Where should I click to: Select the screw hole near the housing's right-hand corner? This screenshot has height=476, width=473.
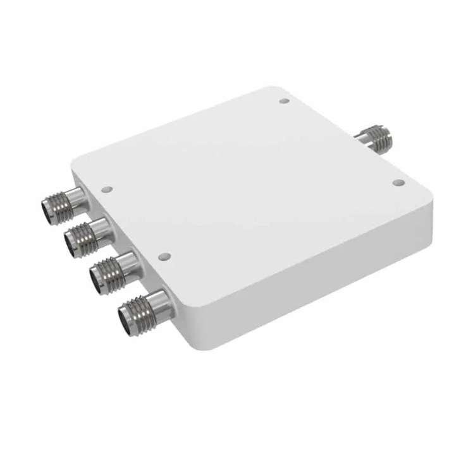[x=398, y=183]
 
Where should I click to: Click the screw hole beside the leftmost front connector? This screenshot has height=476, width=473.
[x=107, y=188]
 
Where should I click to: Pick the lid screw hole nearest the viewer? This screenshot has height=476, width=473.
[x=164, y=256]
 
